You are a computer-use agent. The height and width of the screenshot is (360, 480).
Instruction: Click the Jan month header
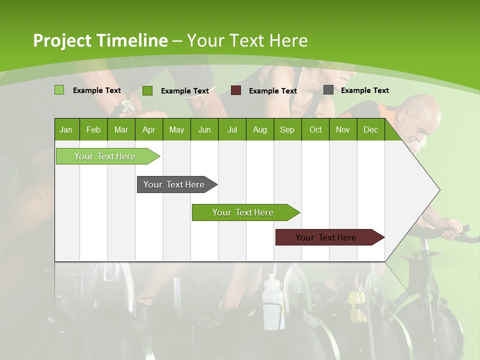pyautogui.click(x=66, y=129)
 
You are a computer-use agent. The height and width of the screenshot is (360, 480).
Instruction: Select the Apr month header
pyautogui.click(x=148, y=129)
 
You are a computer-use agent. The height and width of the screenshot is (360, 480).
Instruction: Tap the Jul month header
pyautogui.click(x=232, y=129)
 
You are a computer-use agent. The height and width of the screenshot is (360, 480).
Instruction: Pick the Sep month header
pyautogui.click(x=287, y=129)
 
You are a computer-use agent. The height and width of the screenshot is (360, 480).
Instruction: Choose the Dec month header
pyautogui.click(x=370, y=129)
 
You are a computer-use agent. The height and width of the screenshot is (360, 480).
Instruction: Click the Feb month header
pyautogui.click(x=93, y=129)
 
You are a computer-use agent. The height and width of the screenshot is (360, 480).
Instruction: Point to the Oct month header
pyautogui.click(x=315, y=129)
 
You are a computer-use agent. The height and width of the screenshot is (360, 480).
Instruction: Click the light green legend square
pyautogui.click(x=59, y=90)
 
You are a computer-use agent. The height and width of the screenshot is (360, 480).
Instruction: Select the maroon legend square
pyautogui.click(x=236, y=90)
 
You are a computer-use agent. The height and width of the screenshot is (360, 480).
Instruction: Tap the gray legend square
pyautogui.click(x=328, y=90)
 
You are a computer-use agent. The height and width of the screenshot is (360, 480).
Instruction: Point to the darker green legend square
pyautogui.click(x=147, y=90)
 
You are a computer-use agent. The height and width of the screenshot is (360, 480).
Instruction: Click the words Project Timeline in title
pyautogui.click(x=100, y=40)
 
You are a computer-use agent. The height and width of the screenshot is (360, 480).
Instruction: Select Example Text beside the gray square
pyautogui.click(x=364, y=90)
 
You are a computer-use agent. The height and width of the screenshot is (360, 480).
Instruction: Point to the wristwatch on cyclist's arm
pyautogui.click(x=123, y=107)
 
